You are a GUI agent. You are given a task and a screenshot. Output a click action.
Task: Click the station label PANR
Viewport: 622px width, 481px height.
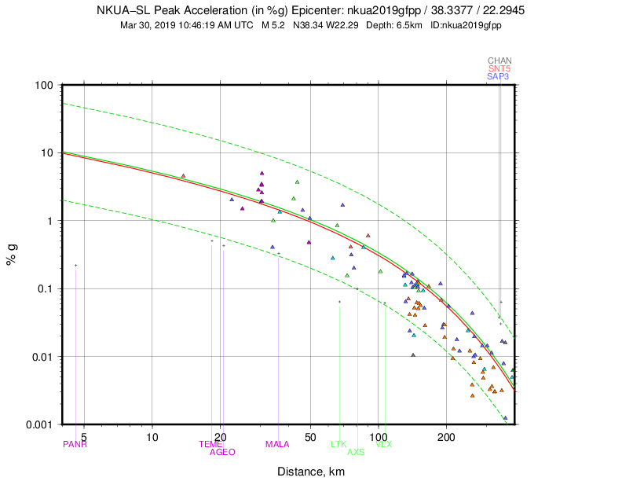click(75, 444)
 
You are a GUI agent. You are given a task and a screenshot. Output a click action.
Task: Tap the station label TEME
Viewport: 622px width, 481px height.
click(210, 444)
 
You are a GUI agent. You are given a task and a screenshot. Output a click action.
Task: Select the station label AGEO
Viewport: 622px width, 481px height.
click(222, 452)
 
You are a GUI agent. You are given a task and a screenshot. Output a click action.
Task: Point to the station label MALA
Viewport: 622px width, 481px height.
click(277, 444)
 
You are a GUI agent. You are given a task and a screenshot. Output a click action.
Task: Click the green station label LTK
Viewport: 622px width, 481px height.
click(338, 444)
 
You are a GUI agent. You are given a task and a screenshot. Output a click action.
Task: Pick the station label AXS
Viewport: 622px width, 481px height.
click(356, 452)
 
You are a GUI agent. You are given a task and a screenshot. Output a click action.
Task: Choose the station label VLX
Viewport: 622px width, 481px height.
click(384, 444)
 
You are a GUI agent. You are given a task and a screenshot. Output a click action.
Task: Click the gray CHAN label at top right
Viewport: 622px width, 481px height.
click(499, 61)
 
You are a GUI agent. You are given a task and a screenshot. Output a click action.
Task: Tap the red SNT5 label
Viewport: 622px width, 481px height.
click(499, 68)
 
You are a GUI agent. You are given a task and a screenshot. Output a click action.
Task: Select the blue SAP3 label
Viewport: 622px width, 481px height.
click(499, 76)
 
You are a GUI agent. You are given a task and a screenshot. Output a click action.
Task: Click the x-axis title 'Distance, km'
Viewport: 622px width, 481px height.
click(310, 472)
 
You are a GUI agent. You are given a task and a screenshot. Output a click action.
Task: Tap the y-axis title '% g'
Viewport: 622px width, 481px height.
click(12, 255)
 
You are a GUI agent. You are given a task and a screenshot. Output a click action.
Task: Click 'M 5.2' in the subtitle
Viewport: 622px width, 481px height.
click(274, 25)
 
